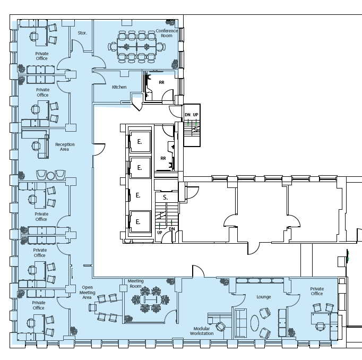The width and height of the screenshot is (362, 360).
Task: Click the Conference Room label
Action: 167,33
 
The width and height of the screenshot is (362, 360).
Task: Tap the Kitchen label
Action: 119,87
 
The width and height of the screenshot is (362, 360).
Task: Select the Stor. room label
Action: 82,33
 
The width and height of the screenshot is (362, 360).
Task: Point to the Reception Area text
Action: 65,147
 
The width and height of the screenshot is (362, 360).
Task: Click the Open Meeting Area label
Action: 87,293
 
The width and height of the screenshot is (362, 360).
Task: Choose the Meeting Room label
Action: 135,284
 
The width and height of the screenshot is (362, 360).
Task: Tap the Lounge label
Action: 263,297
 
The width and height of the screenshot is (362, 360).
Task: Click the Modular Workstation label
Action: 202,331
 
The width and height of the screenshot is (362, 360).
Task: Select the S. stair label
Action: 165,198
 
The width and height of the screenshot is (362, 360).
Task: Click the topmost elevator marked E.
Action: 140,142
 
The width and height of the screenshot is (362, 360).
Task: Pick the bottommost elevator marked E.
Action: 138,221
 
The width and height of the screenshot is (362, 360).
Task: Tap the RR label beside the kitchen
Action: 161,82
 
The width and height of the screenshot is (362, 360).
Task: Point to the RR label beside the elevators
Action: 163,158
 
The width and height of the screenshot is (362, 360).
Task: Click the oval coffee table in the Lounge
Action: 255,323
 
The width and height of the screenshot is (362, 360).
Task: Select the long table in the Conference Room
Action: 136,47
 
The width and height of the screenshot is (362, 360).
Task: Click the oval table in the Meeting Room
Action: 150,300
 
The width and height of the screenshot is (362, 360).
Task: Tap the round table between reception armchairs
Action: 51,176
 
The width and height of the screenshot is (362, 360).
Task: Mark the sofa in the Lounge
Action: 240,323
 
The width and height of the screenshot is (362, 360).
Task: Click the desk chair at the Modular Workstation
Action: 220,327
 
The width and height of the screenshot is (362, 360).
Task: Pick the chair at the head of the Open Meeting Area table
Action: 92,307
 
